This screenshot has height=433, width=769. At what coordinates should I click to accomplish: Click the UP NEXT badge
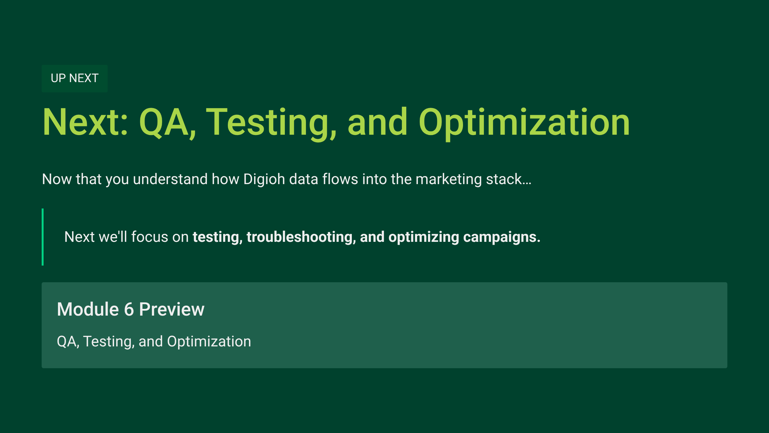(x=75, y=78)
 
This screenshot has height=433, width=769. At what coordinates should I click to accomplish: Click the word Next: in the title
(x=86, y=122)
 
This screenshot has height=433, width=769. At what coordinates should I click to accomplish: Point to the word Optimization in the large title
(x=524, y=124)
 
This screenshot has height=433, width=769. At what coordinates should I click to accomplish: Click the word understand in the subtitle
(x=170, y=179)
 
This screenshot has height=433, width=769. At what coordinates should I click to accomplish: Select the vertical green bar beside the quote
(x=43, y=237)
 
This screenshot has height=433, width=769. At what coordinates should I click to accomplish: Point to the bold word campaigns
(x=502, y=237)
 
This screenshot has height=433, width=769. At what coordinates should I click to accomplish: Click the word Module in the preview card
(x=88, y=310)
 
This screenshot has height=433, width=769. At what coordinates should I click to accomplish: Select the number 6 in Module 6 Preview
(x=129, y=310)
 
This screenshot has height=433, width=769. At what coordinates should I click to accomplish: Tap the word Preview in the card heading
(x=172, y=310)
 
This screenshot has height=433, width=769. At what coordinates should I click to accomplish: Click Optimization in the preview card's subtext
(x=209, y=342)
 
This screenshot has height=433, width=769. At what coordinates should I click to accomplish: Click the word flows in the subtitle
(x=340, y=179)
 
